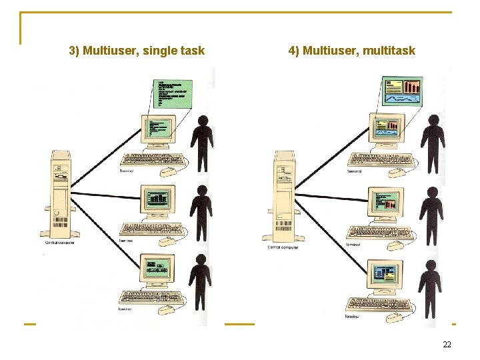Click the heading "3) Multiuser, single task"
point(137,51)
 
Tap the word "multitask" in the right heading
point(389,51)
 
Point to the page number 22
point(447,344)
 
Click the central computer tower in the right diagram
point(282,197)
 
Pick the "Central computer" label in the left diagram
point(59,243)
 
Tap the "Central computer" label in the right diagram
point(283,247)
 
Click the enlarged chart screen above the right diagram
point(403,93)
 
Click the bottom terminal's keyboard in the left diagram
point(151,297)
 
